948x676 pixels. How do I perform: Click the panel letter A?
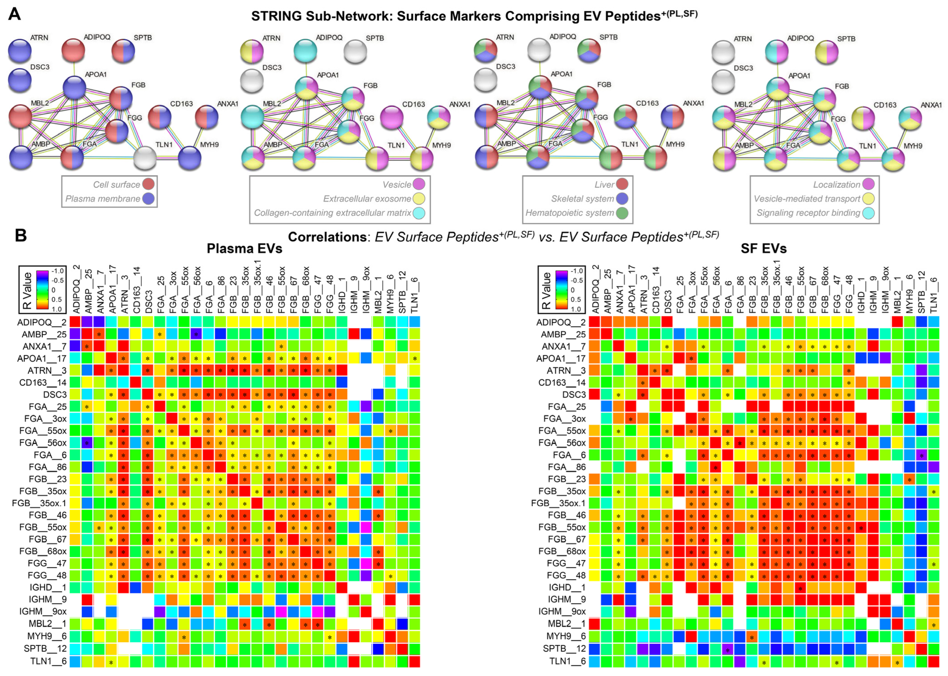tap(15, 14)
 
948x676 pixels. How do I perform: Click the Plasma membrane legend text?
tap(102, 199)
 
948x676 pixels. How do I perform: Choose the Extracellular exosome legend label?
tap(367, 199)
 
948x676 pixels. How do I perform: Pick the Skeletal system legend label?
tap(582, 199)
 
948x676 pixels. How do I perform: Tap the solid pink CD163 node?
tap(391, 117)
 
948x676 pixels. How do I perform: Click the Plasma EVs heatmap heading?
tap(245, 248)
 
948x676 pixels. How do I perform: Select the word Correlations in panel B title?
tap(327, 237)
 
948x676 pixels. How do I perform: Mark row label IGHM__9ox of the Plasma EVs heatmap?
tap(43, 611)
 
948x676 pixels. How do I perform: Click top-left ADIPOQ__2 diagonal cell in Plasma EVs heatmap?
tap(75, 322)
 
